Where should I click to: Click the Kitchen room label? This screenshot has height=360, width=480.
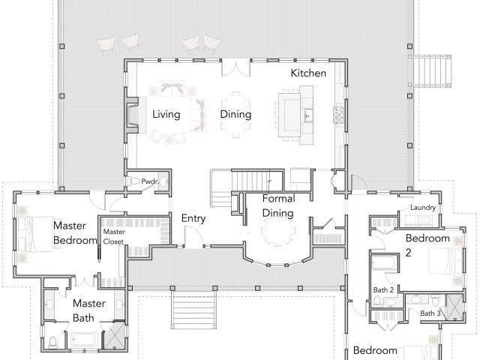point(308,73)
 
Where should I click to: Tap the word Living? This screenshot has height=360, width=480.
point(166,115)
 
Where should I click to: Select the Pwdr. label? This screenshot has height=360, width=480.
point(150,181)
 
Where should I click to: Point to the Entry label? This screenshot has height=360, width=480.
point(193,218)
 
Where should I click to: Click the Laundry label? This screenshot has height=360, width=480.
point(423,208)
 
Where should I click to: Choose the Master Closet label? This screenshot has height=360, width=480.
point(113,237)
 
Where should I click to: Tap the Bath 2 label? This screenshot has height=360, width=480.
point(383,290)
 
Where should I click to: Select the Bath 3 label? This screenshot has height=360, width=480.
point(430,313)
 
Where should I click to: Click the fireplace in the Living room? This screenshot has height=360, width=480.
point(132,115)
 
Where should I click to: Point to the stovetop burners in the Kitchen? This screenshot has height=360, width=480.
point(338,115)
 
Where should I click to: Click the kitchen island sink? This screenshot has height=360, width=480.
point(308,115)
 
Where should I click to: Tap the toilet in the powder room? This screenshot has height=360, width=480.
point(133,181)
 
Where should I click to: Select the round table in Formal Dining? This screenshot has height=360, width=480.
point(278,230)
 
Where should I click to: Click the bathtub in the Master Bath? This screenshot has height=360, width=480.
point(85,340)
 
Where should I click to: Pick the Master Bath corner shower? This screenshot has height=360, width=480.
point(115,335)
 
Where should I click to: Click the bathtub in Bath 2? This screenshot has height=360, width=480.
point(384,263)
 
